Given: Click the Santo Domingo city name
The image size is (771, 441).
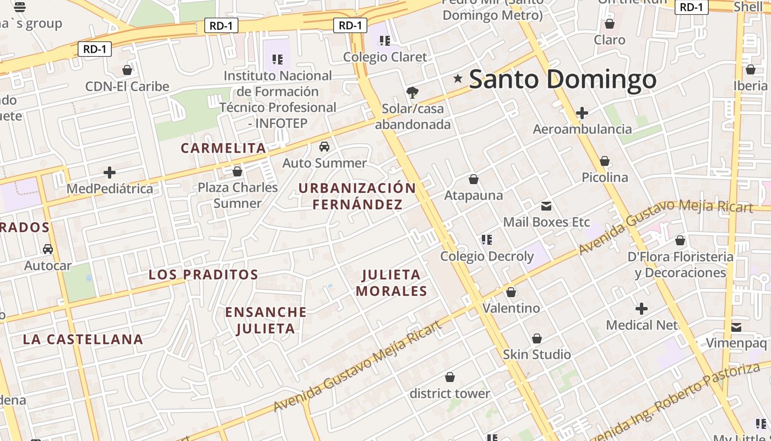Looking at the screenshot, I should (562, 79).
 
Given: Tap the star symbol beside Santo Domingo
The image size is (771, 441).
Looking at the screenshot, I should (458, 79).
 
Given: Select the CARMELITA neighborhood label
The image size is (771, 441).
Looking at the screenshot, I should (224, 148).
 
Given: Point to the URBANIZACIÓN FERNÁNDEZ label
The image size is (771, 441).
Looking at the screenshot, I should (357, 196).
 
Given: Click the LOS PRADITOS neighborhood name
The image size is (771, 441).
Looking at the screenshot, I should (203, 275).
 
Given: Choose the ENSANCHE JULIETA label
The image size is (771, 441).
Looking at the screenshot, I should (266, 320).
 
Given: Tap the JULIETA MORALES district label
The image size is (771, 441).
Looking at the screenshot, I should (392, 283).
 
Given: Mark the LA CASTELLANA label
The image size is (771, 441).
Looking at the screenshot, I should (83, 340).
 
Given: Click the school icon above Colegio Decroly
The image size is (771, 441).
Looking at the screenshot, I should (486, 240).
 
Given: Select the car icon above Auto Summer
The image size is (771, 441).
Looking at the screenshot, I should (324, 147).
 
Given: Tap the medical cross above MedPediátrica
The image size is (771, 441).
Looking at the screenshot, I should (110, 173).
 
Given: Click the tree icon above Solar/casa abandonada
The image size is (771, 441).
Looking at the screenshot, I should (412, 92).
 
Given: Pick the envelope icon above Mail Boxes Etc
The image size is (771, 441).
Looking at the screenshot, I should (546, 206).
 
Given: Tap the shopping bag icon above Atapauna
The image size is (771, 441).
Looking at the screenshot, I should (473, 179).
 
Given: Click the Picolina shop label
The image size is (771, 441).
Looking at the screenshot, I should (605, 178).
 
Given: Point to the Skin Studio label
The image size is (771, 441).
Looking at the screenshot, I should (536, 354).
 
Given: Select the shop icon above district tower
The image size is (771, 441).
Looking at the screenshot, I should (450, 377).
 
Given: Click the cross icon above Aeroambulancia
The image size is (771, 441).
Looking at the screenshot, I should (582, 113).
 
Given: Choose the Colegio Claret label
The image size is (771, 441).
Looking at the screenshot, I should (385, 57).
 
